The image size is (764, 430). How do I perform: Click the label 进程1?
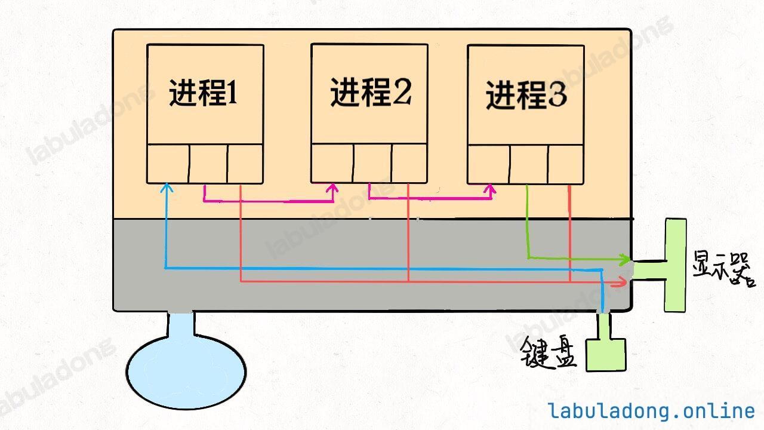[204, 93]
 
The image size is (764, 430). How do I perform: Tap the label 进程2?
[371, 92]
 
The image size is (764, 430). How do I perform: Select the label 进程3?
[526, 95]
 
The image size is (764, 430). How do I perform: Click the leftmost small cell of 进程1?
[168, 164]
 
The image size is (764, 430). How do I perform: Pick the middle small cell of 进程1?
[208, 164]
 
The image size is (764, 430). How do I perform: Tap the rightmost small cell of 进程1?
[245, 164]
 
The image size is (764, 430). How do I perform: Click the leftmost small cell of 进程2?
[332, 164]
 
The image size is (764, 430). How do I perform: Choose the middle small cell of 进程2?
[372, 164]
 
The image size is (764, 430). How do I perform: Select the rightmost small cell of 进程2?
[409, 164]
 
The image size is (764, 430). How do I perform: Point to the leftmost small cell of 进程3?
[489, 165]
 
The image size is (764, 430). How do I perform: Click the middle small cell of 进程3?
[529, 165]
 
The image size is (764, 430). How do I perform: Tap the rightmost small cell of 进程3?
[565, 165]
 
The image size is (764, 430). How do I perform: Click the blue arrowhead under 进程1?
[167, 188]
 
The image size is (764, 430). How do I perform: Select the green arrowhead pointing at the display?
[626, 260]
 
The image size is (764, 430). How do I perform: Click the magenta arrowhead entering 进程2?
[332, 189]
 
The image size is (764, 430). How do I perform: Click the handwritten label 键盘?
[548, 352]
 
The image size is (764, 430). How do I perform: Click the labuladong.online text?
[651, 411]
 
